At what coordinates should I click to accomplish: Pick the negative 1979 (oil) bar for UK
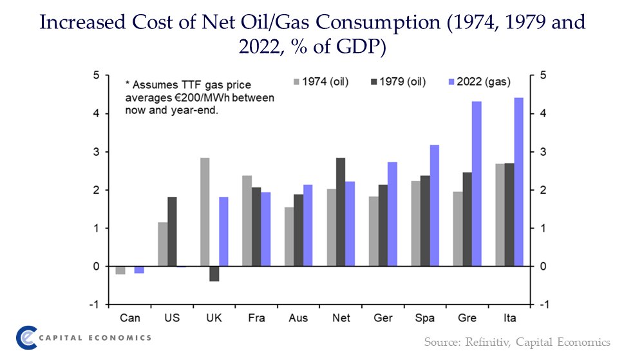point(214,274)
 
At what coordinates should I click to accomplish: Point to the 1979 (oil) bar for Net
point(341,212)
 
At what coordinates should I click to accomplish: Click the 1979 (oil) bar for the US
point(173,231)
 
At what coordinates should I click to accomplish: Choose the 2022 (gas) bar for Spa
point(434,205)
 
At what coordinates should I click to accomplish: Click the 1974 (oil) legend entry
point(321,82)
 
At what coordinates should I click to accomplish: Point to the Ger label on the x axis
point(383,318)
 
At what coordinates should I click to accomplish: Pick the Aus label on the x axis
point(299,318)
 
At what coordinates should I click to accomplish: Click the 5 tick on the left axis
point(96,75)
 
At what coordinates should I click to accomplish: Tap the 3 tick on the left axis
point(96,152)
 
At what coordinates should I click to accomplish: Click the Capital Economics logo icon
point(26,337)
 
